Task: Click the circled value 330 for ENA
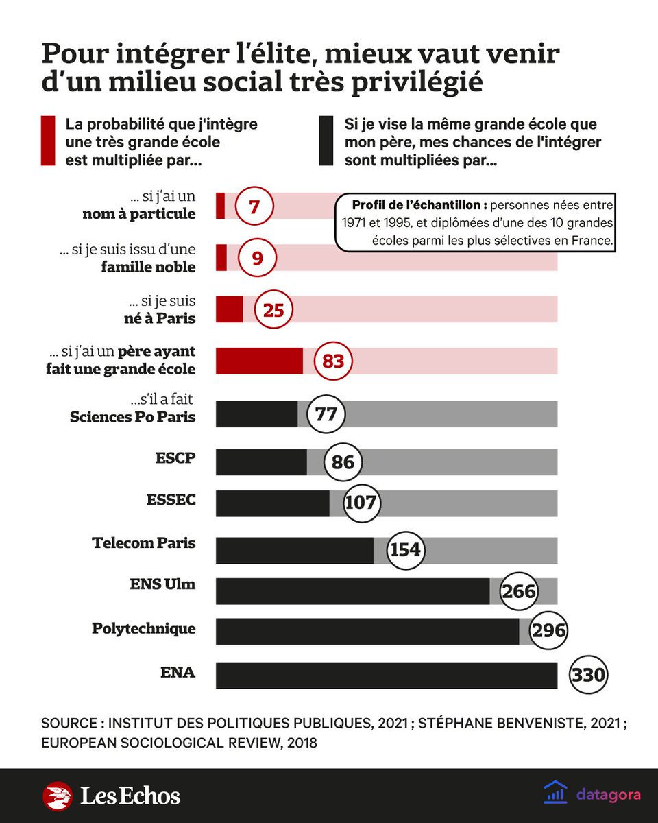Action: (588, 675)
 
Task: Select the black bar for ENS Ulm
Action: (352, 591)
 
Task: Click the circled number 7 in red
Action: (254, 206)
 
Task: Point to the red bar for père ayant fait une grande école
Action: (259, 361)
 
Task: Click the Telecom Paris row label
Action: (144, 543)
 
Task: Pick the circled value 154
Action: (405, 550)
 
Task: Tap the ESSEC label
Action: (171, 500)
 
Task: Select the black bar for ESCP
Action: (261, 462)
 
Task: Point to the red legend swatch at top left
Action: (47, 141)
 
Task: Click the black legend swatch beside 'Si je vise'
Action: (326, 141)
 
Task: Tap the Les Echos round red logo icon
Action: (58, 796)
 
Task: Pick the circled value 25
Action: (273, 311)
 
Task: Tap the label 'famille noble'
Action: (148, 267)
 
